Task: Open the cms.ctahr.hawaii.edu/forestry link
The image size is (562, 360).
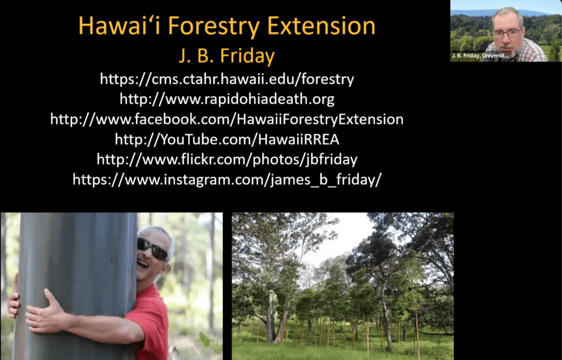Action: pyautogui.click(x=227, y=79)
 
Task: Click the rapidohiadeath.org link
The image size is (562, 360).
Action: pyautogui.click(x=227, y=99)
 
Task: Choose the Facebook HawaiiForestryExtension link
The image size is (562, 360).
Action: pyautogui.click(x=227, y=120)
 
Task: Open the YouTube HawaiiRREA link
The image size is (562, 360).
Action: pyautogui.click(x=227, y=139)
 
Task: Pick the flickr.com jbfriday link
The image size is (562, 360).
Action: pyautogui.click(x=227, y=160)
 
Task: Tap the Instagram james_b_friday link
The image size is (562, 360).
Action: pyautogui.click(x=227, y=179)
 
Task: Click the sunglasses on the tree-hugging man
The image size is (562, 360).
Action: pyautogui.click(x=153, y=249)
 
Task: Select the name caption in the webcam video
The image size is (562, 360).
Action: pyautogui.click(x=480, y=55)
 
